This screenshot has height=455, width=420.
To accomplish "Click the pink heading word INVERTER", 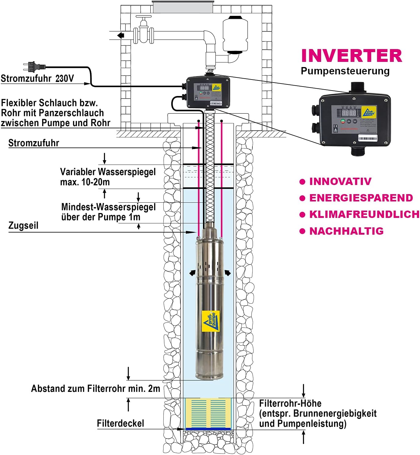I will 351,56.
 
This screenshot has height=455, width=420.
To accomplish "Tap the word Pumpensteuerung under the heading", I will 345,71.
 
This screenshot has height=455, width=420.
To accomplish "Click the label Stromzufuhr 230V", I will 37,79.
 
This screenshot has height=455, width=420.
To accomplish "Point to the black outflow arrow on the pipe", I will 121,35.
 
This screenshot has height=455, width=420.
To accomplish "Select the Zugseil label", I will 24,226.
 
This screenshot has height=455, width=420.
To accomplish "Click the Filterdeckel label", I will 120,423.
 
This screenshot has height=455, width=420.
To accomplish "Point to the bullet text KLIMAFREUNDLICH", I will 364,214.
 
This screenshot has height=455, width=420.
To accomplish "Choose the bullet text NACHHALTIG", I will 346,231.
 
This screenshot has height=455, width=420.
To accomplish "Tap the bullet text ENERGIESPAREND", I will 361,198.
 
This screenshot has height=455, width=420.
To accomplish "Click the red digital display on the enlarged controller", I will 349,113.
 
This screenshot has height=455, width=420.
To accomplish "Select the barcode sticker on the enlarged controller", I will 367,138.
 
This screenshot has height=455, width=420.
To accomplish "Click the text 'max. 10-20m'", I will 85,182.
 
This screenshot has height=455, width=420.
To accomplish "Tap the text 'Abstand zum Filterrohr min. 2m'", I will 96,389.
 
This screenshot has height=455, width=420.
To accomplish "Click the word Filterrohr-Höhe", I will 290,403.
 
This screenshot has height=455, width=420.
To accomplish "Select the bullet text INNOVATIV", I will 340,181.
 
